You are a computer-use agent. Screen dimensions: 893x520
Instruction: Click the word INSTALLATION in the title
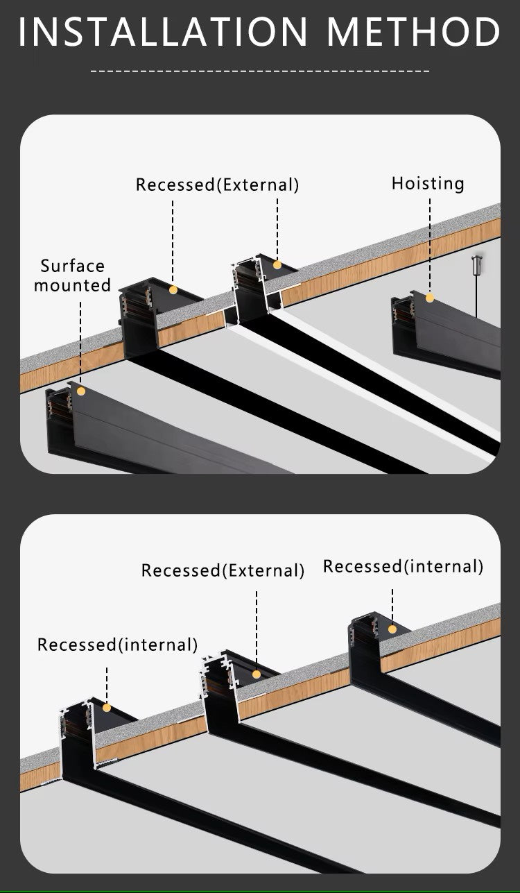(163, 32)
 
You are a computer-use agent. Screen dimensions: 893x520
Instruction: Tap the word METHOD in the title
(414, 32)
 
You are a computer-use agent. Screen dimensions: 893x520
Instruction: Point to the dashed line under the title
(260, 71)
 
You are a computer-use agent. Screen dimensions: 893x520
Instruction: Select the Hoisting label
(428, 183)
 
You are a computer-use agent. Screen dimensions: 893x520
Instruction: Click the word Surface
(73, 266)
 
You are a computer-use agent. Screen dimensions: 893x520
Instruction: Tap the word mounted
(73, 285)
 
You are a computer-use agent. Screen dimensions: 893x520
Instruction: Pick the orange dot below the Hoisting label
(430, 298)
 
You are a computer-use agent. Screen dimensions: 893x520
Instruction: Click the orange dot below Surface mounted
(81, 391)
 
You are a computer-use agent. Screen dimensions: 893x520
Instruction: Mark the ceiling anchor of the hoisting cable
(476, 264)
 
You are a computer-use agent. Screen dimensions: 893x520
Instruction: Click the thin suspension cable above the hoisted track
(476, 295)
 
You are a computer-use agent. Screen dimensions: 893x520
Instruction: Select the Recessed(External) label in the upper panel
(217, 185)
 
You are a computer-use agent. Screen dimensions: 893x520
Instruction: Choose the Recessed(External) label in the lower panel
(223, 570)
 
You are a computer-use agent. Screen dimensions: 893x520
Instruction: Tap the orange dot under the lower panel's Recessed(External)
(257, 674)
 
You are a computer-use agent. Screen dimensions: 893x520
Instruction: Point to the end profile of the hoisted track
(403, 325)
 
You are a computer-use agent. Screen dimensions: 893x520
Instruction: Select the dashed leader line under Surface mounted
(80, 340)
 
